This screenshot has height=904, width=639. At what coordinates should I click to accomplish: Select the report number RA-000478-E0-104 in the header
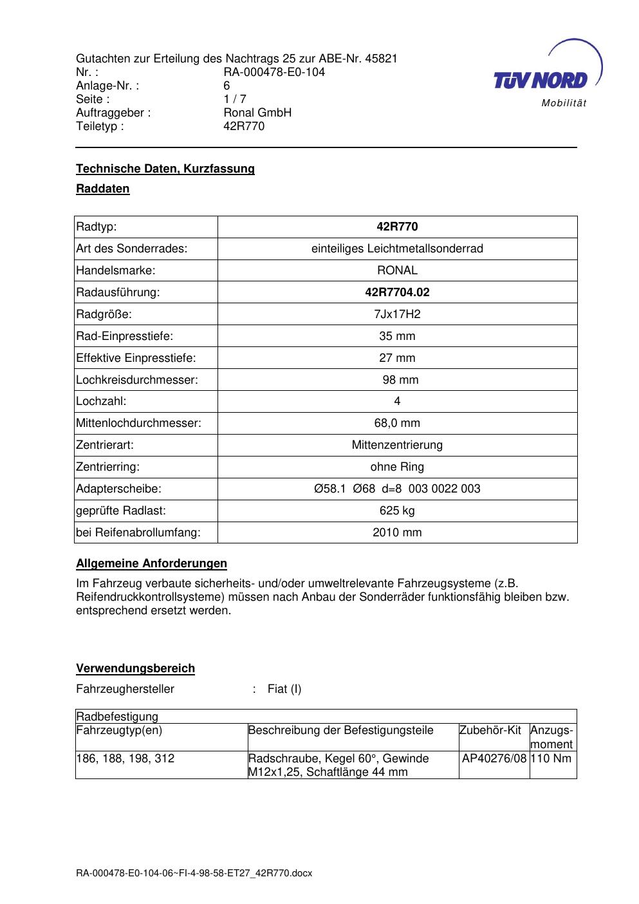274,72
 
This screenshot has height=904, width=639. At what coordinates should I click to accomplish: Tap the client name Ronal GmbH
257,113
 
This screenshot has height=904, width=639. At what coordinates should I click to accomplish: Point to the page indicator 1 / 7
235,99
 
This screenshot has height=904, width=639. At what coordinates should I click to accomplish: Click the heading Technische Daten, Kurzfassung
165,169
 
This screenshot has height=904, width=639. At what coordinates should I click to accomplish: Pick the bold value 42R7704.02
397,292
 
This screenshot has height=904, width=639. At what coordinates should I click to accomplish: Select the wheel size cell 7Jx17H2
397,314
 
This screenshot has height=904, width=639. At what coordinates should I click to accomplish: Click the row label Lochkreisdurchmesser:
137,380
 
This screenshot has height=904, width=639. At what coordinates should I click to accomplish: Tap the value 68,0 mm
397,423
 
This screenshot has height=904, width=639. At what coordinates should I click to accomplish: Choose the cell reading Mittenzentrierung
397,445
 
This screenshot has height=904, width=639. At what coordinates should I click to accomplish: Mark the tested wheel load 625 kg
397,511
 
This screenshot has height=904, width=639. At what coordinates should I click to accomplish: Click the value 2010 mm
397,532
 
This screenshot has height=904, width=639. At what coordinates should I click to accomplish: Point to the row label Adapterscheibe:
118,489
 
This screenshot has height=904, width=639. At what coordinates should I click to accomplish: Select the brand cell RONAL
397,270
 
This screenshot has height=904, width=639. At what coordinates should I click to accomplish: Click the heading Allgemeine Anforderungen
151,563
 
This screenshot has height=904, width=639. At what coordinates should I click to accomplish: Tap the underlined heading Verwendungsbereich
135,668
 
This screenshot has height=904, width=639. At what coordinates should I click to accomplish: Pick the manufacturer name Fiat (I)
284,689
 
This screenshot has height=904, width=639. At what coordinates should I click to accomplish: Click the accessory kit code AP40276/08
494,758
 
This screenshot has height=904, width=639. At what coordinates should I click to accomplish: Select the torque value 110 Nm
552,758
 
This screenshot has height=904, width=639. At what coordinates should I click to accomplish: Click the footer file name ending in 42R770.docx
194,873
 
